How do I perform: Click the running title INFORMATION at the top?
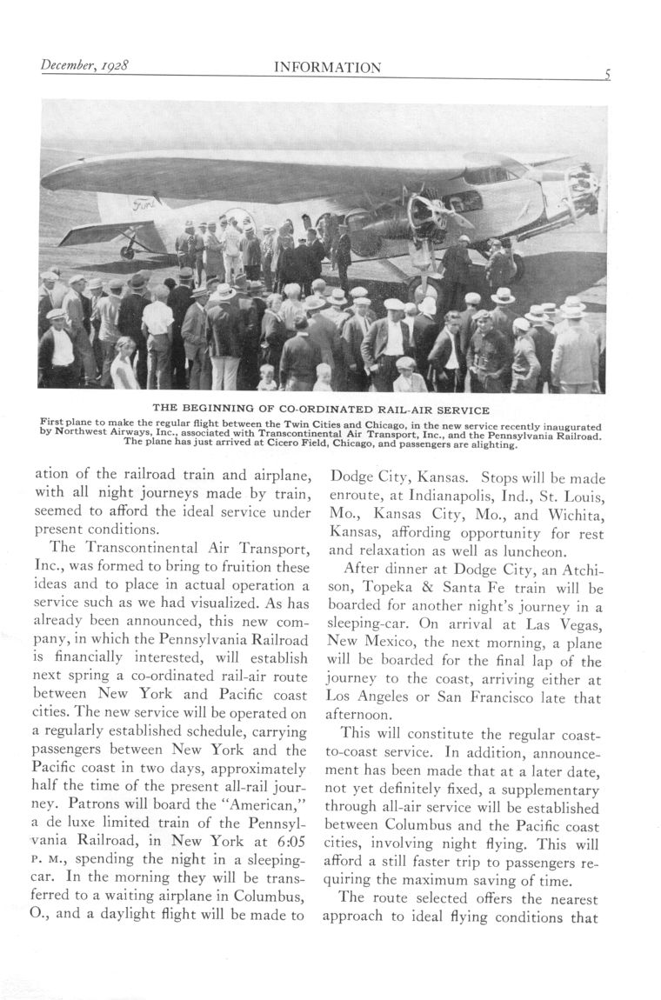pos(327,68)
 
